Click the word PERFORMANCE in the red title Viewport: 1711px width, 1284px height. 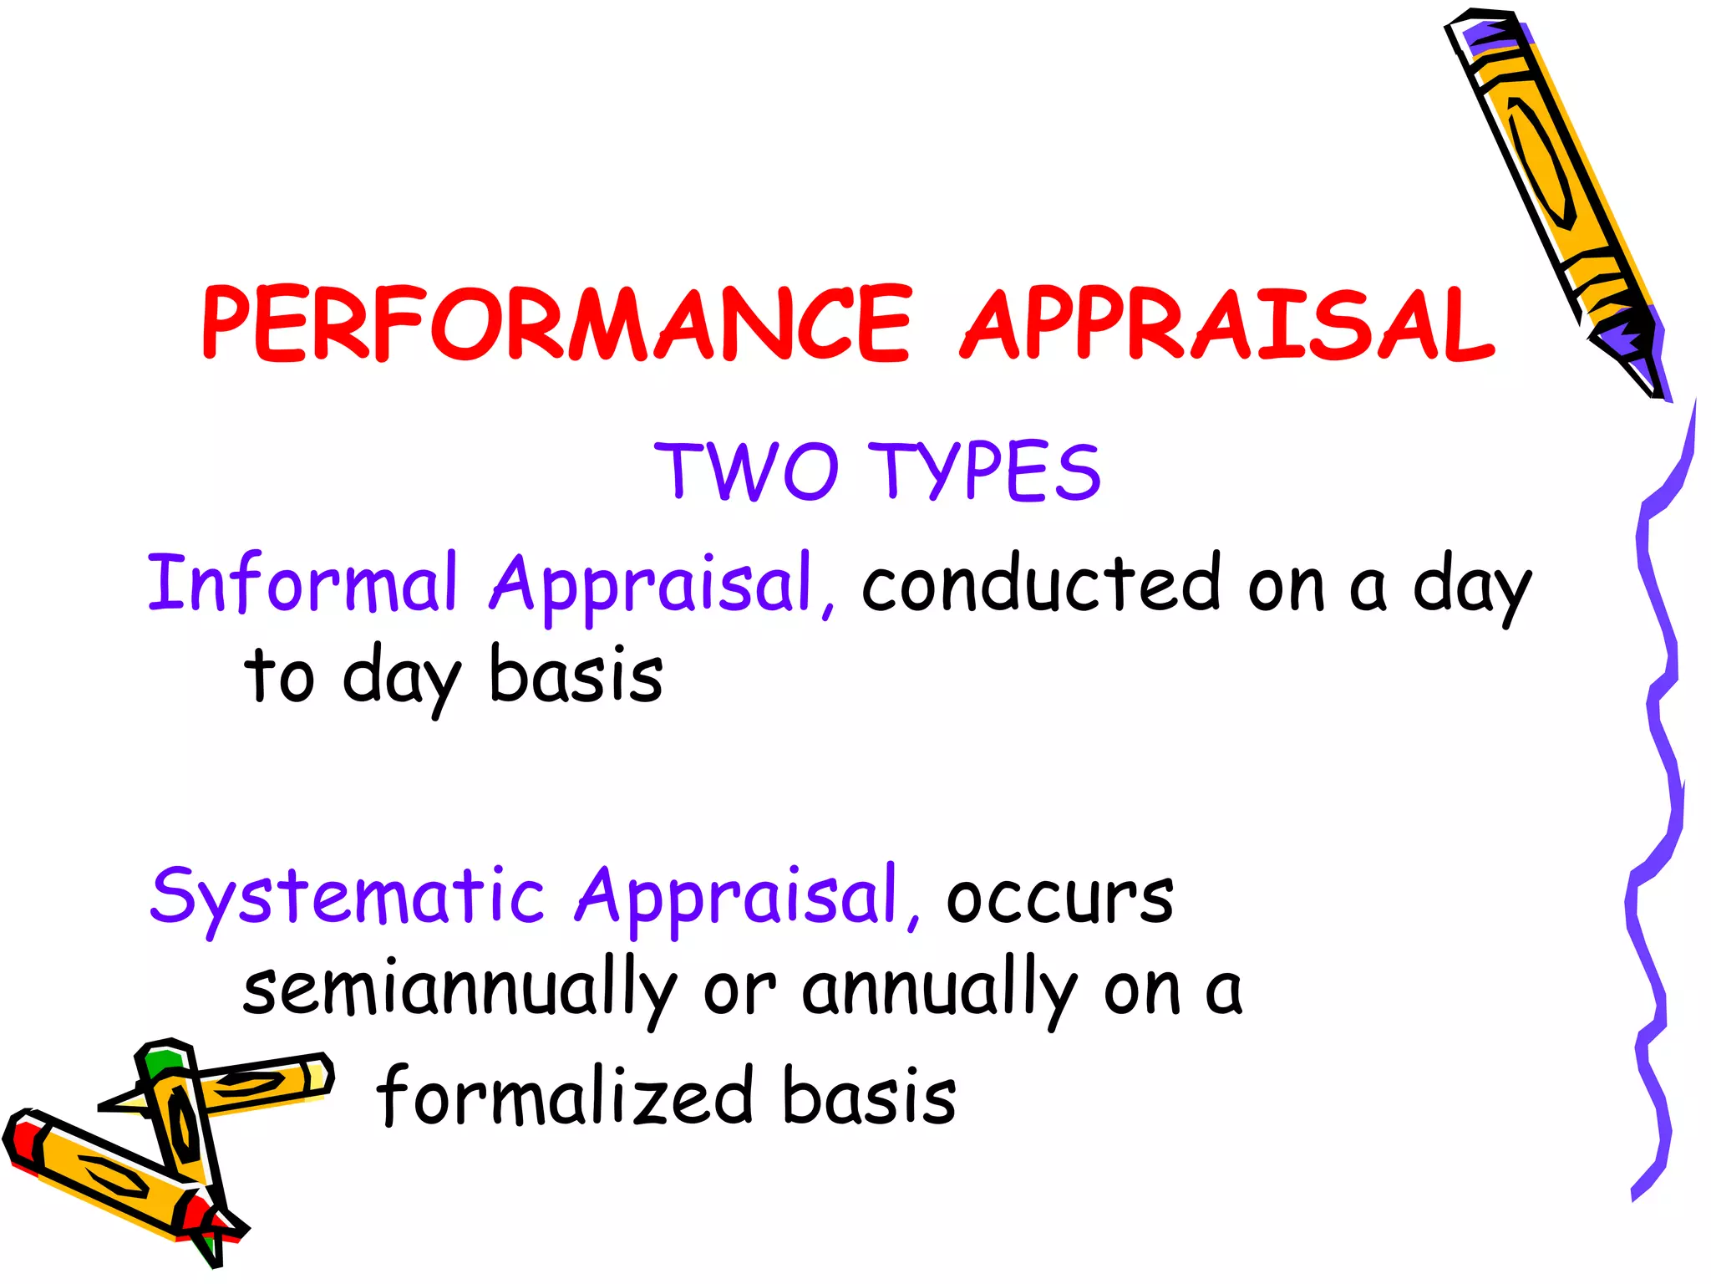556,324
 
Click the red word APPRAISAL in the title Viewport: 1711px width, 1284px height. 1226,324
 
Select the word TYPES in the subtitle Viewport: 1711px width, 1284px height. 989,471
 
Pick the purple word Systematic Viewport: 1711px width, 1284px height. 347,896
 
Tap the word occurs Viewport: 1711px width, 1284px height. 1059,899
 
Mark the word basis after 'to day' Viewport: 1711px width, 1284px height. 576,675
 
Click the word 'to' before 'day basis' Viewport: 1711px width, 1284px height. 279,675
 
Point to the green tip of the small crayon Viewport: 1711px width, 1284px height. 161,1062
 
